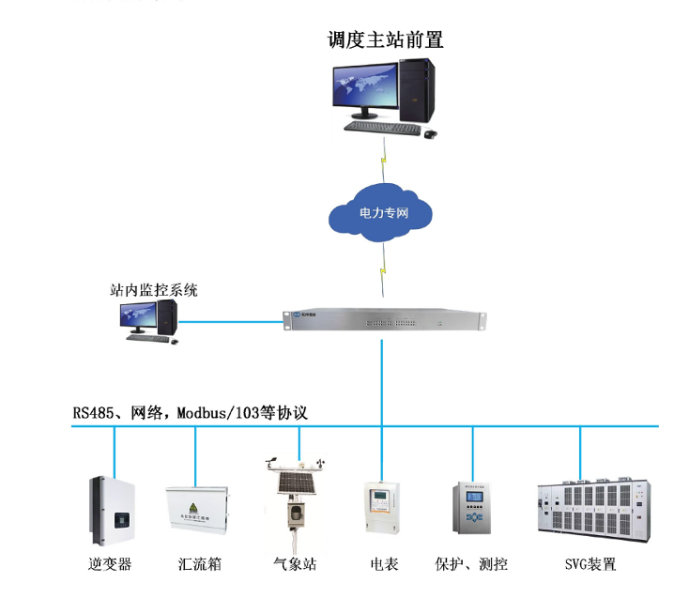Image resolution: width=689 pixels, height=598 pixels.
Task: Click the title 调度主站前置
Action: (x=385, y=39)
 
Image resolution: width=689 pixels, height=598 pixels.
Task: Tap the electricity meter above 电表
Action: (x=382, y=511)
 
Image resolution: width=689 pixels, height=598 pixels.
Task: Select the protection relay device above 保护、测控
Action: (x=472, y=511)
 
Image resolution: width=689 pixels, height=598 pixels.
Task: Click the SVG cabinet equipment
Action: (x=591, y=513)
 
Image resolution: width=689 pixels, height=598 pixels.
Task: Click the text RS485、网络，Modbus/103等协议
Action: (x=191, y=413)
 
